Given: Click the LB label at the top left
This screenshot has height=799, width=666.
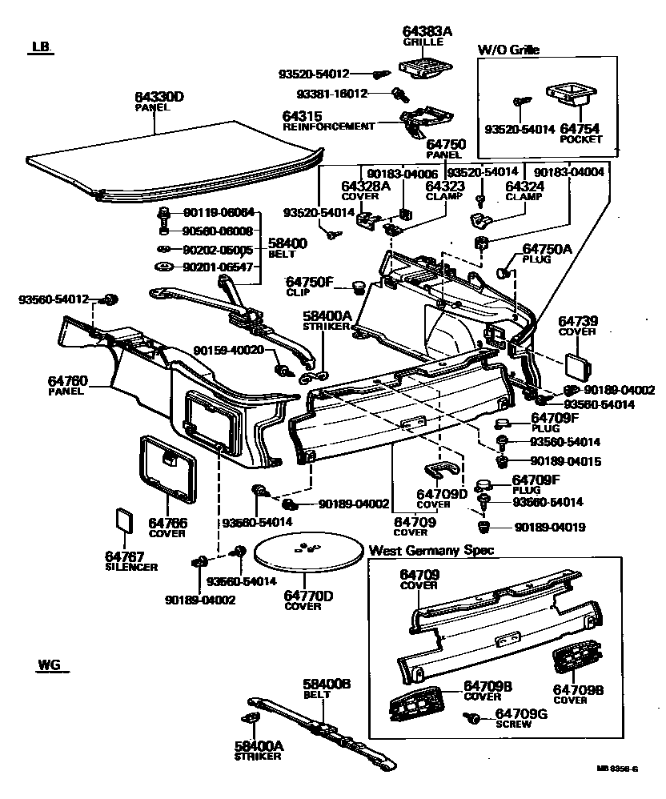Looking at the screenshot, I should pos(40,48).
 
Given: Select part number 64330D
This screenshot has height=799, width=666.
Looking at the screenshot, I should pos(158,97).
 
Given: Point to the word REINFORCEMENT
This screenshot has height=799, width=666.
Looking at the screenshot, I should pos(328,126).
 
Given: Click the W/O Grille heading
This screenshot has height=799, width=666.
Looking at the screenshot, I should pos(508,50).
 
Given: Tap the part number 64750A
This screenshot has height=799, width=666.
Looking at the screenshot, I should pos(547,249).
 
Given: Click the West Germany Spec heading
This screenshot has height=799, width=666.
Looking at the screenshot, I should pos(431,551).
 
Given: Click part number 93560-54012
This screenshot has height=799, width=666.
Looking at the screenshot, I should pos(55,299).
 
